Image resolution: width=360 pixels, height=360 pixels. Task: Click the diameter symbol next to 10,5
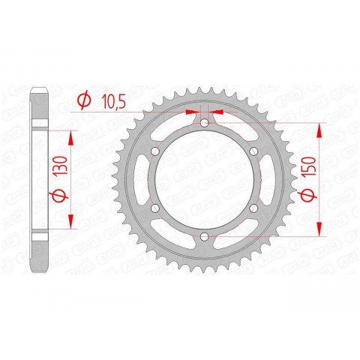point(85,100)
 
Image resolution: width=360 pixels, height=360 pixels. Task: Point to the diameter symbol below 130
point(60,198)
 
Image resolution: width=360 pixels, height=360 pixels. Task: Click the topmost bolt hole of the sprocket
point(204,124)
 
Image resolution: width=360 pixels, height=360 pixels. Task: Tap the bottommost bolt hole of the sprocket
point(204,238)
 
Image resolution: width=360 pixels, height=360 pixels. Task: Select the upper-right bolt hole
point(253,152)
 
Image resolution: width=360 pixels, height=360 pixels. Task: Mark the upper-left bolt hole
point(154,152)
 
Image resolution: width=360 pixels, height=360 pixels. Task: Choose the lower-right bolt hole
point(253,209)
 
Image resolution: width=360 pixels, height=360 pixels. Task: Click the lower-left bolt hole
point(154,209)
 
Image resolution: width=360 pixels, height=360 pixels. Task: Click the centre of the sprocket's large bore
point(204,181)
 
